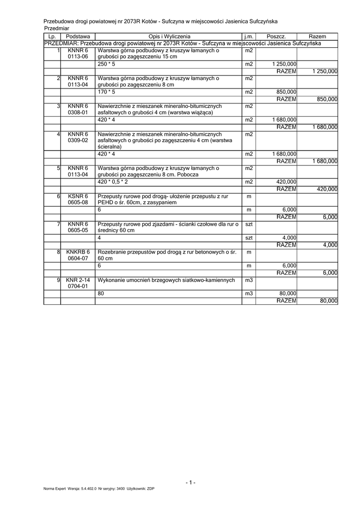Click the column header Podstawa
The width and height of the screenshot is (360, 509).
click(x=78, y=37)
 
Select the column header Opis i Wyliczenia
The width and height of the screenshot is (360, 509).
click(x=169, y=37)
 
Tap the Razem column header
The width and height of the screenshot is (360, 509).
click(x=317, y=37)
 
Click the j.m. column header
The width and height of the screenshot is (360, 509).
click(x=249, y=37)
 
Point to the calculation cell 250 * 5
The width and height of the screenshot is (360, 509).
click(x=106, y=65)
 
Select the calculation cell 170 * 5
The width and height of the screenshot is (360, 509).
click(x=106, y=92)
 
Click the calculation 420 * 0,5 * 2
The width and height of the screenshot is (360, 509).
click(x=113, y=182)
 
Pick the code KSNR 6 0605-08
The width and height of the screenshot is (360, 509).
click(x=78, y=200)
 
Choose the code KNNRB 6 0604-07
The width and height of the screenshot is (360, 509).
click(x=78, y=255)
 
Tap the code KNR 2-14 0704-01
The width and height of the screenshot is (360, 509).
click(x=78, y=283)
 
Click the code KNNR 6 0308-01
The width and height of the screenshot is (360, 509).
click(x=78, y=109)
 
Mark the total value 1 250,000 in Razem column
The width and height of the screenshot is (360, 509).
click(x=325, y=72)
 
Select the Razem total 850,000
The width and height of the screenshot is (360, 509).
click(x=327, y=99)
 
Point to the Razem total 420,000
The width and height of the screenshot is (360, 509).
click(x=327, y=189)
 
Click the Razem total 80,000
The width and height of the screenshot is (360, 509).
click(x=329, y=301)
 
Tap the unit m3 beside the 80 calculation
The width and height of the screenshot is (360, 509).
click(x=249, y=294)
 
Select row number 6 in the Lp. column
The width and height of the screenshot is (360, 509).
click(x=58, y=197)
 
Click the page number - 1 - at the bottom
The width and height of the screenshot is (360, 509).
click(x=190, y=483)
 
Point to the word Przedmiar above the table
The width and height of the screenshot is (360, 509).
click(x=56, y=29)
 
